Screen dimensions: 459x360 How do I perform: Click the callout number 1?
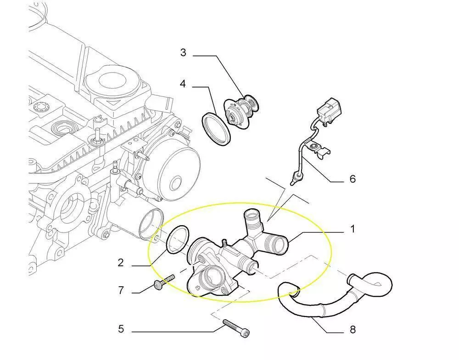pos(353,229)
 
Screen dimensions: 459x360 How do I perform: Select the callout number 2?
pos(121,263)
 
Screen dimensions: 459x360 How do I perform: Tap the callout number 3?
pos(183,53)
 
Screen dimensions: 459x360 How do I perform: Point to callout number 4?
pos(183,84)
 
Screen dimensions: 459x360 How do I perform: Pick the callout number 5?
pos(121,329)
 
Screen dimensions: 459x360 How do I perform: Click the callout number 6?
pos(353,179)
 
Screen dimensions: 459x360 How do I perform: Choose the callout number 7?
pos(121,290)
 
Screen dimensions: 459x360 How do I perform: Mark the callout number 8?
pos(353,330)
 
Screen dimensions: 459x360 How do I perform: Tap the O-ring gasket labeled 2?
pos(177,238)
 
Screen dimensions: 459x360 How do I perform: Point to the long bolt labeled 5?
pos(236,328)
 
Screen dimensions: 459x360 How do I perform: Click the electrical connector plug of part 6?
pos(329,111)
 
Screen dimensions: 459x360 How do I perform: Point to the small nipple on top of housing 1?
pos(225,242)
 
